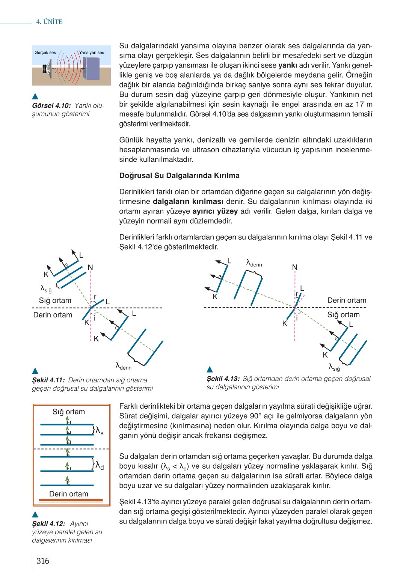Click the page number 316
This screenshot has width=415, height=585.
(43, 561)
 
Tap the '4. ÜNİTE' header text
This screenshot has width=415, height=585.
(49, 22)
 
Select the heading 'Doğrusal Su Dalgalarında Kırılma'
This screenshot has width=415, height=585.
(179, 176)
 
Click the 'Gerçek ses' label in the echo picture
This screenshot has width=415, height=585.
(45, 53)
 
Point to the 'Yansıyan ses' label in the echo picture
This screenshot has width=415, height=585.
(92, 53)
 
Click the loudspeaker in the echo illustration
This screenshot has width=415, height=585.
(47, 69)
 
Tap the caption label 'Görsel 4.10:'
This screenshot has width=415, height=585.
(51, 106)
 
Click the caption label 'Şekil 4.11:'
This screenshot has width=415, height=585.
(48, 380)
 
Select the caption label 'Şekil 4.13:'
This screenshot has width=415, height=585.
(223, 379)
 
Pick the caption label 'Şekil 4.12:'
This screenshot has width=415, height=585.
(48, 523)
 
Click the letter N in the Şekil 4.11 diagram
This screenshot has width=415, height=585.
(90, 268)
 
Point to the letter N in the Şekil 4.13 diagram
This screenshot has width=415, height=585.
(294, 267)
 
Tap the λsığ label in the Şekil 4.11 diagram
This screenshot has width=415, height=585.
(46, 289)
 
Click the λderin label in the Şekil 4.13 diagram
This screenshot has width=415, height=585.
(254, 263)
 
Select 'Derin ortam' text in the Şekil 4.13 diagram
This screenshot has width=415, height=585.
(347, 300)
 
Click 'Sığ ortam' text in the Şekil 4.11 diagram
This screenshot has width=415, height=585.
(55, 301)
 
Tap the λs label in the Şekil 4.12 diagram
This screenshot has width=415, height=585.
(100, 431)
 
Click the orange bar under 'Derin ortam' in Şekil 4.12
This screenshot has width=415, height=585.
(71, 500)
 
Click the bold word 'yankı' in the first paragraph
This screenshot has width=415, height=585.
(288, 65)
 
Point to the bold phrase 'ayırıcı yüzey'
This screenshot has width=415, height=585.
(215, 211)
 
